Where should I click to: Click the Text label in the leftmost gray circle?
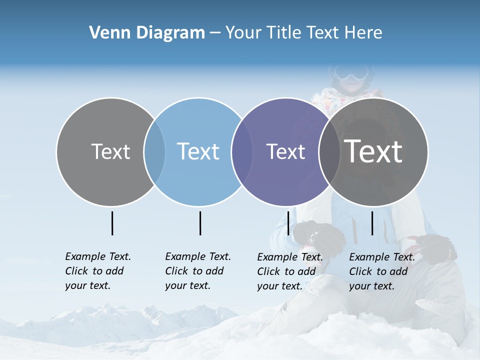coord(110,151)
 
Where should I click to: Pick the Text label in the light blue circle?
coord(198,151)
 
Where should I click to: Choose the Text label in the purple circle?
coord(285,151)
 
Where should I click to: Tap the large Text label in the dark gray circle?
coord(373,151)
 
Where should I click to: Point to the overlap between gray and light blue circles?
coord(154,152)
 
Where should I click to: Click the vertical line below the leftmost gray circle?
coord(112,223)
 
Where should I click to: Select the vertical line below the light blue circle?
coord(200,223)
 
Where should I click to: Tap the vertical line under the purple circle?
coord(288,223)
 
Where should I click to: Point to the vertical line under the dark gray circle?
coord(372,223)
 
